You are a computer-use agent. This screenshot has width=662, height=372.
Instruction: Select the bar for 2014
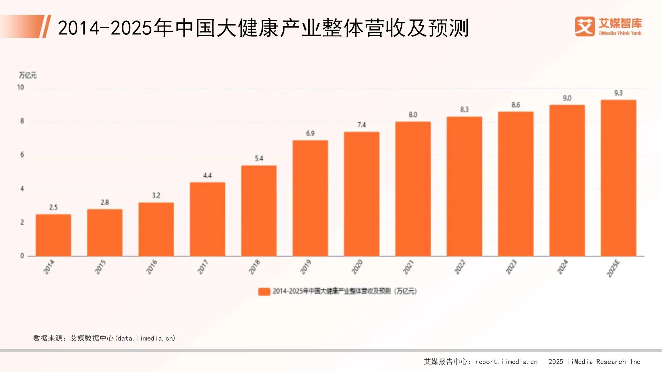pyautogui.click(x=53, y=235)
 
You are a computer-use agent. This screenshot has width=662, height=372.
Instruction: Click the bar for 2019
pyautogui.click(x=310, y=198)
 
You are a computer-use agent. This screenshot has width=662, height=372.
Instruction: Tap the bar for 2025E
pyautogui.click(x=618, y=178)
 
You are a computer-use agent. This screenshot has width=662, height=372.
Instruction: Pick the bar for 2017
pyautogui.click(x=208, y=219)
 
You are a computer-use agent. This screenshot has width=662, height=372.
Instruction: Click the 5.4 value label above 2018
pyautogui.click(x=259, y=158)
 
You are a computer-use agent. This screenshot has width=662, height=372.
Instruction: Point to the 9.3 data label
pyautogui.click(x=618, y=93)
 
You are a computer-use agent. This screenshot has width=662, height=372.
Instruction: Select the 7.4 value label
pyautogui.click(x=361, y=125)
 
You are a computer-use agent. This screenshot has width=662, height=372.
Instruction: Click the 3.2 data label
pyautogui.click(x=156, y=195)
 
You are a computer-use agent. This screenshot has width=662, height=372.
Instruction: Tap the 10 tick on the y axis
pyautogui.click(x=21, y=87)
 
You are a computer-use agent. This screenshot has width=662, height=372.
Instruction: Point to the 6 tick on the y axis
pyautogui.click(x=22, y=155)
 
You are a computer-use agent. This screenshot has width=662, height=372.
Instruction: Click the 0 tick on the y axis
pyautogui.click(x=22, y=256)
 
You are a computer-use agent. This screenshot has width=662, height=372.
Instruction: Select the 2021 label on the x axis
pyautogui.click(x=408, y=267)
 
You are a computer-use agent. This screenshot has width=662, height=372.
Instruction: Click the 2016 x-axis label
pyautogui.click(x=152, y=267)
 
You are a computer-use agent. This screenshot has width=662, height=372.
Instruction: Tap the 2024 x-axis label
pyautogui.click(x=562, y=267)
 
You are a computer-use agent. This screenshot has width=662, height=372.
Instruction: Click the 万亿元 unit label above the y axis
pyautogui.click(x=28, y=75)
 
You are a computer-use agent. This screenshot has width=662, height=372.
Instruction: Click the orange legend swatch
pyautogui.click(x=264, y=291)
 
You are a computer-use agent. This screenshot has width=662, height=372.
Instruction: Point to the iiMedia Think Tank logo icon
pyautogui.click(x=585, y=27)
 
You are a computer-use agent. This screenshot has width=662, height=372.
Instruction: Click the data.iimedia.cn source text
pyautogui.click(x=146, y=338)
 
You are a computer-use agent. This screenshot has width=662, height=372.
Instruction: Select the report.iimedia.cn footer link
pyautogui.click(x=506, y=362)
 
